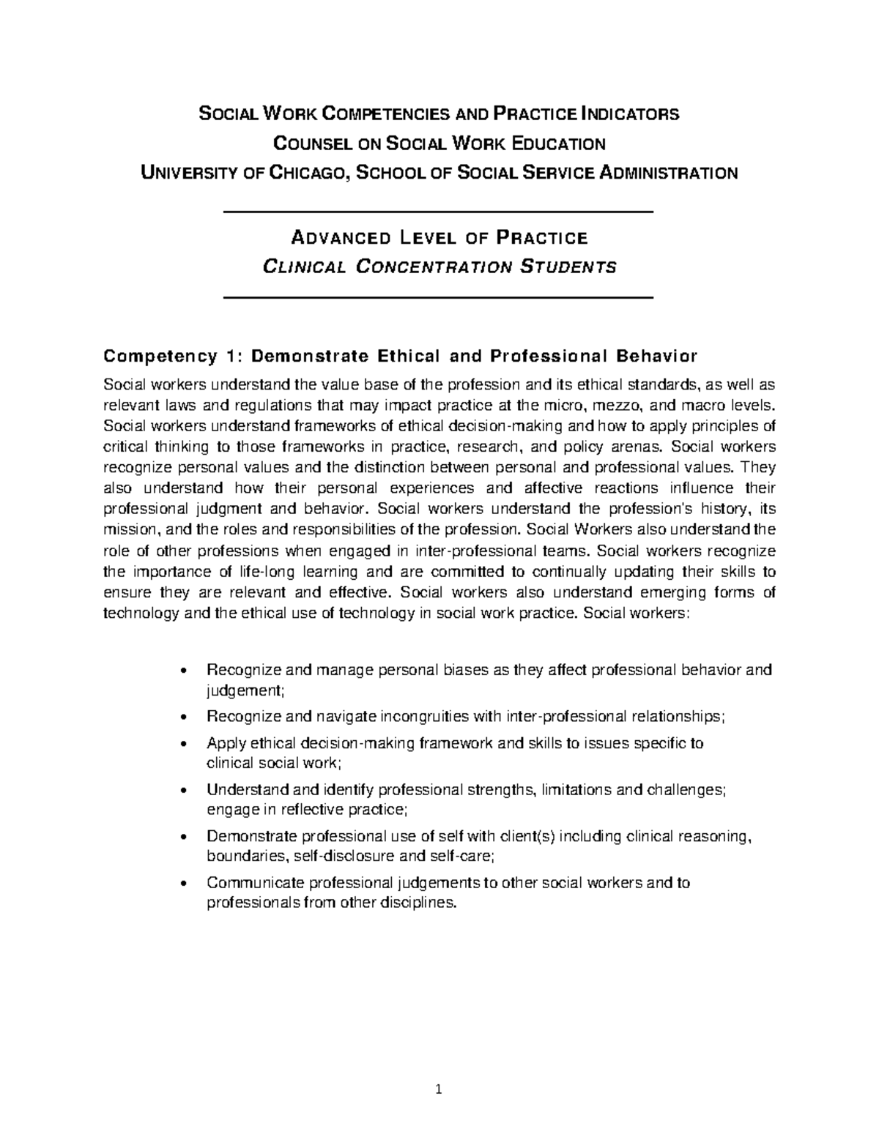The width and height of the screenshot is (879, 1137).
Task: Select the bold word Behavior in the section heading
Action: click(657, 357)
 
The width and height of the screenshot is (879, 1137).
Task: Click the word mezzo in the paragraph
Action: click(634, 405)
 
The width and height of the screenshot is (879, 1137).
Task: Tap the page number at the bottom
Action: click(438, 1089)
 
